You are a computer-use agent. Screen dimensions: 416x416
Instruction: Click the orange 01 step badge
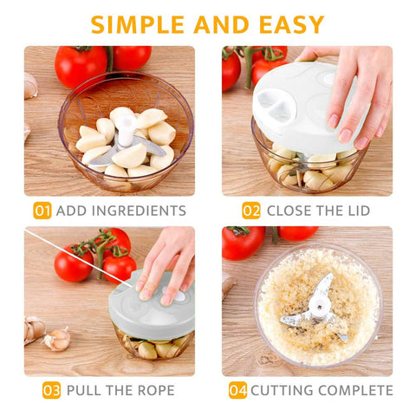click(x=42, y=211)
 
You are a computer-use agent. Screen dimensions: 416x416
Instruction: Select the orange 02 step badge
click(x=251, y=211)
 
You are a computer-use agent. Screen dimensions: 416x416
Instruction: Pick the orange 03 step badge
click(x=51, y=390)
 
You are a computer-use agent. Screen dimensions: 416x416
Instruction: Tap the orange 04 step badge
click(x=237, y=390)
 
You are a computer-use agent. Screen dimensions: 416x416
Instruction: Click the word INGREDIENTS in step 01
click(x=139, y=211)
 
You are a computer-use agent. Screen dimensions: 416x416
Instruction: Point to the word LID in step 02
click(x=359, y=211)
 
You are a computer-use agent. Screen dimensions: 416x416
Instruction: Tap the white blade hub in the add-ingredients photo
click(x=126, y=131)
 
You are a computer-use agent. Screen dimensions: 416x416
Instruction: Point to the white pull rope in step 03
click(x=78, y=258)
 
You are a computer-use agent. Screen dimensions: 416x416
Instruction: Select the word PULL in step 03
click(x=84, y=391)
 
